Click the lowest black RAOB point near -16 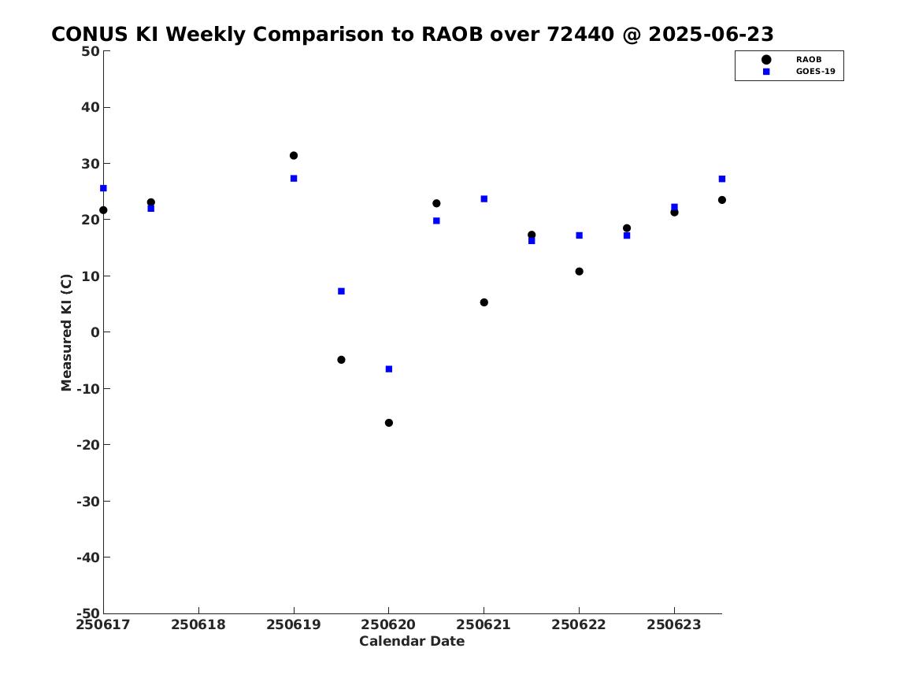coord(388,423)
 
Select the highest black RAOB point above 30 coord(294,156)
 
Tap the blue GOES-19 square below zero coord(388,369)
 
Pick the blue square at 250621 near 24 coord(484,199)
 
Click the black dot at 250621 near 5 coord(484,303)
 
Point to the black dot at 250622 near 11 coord(579,272)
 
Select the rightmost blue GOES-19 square coord(722,180)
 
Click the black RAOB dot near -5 coord(341,360)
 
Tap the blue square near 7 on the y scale coord(341,291)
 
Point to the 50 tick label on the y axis coord(91,51)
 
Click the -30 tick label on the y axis coord(88,502)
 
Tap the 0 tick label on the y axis coord(95,333)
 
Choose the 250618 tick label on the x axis coord(198,625)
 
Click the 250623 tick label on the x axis coord(674,625)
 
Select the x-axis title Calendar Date coord(412,642)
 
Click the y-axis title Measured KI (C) coord(66,332)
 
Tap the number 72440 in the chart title coord(580,35)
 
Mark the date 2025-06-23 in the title coord(711,35)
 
